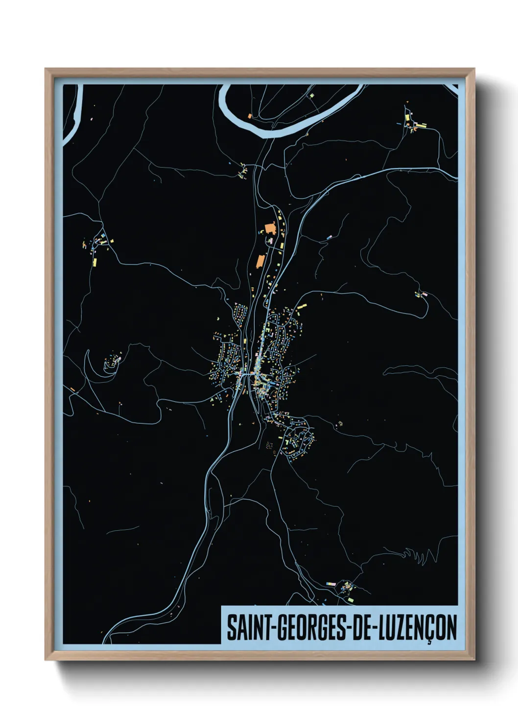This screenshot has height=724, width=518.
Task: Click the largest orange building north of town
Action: click(x=270, y=228)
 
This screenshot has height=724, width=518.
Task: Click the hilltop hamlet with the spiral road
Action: click(x=113, y=362)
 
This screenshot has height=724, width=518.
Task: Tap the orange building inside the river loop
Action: click(x=249, y=116)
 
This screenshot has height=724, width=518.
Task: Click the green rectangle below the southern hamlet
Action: click(x=351, y=600)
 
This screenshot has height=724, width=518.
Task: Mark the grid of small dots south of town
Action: click(x=269, y=445)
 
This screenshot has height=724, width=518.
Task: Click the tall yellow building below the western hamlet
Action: click(x=94, y=262)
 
